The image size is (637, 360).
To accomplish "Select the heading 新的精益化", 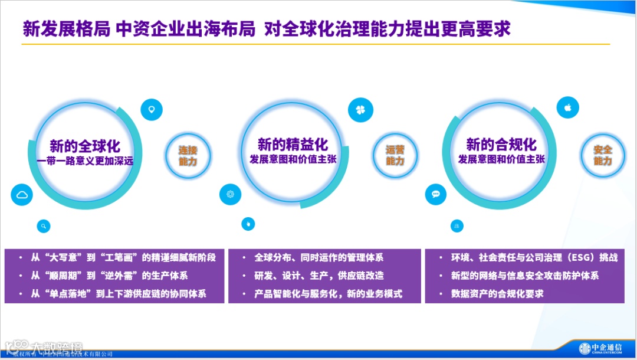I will (293, 144).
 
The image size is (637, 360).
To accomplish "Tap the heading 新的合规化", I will (501, 144).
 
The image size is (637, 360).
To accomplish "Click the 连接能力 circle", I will (188, 155).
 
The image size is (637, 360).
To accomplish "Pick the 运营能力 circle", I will (395, 155).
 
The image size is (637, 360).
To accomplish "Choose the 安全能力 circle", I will (602, 155).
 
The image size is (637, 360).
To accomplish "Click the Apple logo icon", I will (568, 107).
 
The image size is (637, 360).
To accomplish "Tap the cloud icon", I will (22, 195).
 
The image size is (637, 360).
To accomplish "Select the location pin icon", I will (152, 109).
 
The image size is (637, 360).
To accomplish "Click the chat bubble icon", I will (436, 194).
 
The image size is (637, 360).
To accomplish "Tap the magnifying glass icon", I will (43, 225).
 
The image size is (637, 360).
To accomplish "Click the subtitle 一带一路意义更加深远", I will (85, 161).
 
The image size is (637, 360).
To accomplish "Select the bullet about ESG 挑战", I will (534, 258).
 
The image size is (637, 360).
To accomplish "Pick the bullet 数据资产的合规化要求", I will (497, 293).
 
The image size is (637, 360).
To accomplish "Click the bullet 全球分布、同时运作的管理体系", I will (318, 258).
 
